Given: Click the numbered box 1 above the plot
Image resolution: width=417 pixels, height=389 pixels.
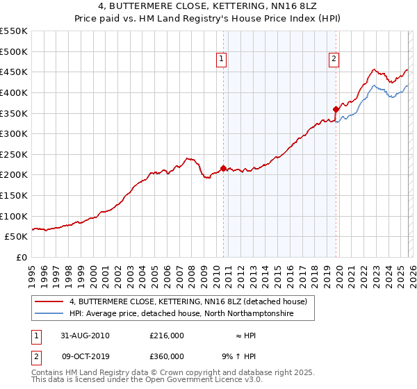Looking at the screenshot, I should click(x=221, y=60).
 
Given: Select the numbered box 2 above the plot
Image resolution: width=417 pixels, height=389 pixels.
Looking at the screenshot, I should click(x=334, y=60).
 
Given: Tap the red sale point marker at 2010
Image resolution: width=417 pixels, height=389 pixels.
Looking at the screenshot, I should click(x=223, y=168).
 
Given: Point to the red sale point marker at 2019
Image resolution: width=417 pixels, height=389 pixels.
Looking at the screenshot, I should click(x=336, y=109).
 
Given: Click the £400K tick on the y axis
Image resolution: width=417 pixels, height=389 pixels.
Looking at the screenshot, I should click(x=14, y=92).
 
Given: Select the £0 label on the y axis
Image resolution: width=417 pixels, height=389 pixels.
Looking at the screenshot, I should click(x=22, y=257).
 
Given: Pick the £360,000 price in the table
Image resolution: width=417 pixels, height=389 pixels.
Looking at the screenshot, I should click(x=166, y=356).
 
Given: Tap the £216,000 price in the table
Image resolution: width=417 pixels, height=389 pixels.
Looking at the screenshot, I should click(x=166, y=336).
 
